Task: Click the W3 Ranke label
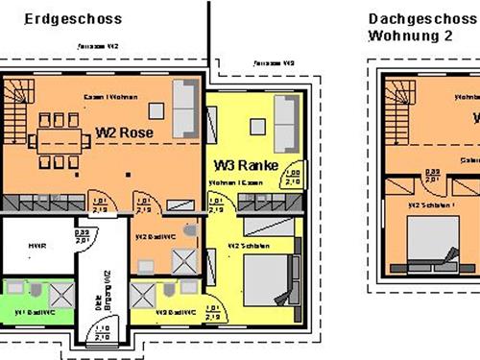pyautogui.click(x=246, y=165)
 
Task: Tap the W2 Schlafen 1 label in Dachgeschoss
pyautogui.click(x=426, y=204)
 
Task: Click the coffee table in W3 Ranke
pyautogui.click(x=257, y=124)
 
